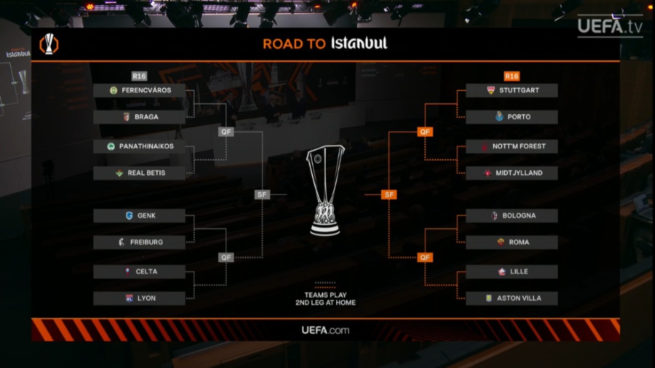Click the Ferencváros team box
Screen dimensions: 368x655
click(139, 90)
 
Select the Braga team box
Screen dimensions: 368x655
click(139, 117)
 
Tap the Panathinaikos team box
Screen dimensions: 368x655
click(139, 146)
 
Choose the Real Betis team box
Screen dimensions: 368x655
click(139, 173)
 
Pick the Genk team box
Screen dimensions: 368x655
click(139, 216)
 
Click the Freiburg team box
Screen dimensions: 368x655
click(139, 242)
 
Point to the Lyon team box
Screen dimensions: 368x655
click(139, 298)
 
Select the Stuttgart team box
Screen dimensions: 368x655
click(511, 90)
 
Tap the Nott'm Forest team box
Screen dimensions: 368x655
click(511, 146)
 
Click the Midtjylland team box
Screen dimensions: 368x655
click(511, 173)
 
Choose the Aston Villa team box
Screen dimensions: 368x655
click(511, 298)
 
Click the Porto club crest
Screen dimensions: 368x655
click(500, 117)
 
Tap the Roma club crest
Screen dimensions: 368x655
click(501, 242)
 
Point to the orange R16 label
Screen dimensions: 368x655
click(511, 76)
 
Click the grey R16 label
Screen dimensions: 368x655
click(139, 76)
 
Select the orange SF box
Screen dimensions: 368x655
click(389, 195)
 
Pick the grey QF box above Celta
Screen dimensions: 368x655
click(226, 257)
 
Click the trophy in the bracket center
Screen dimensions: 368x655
click(325, 190)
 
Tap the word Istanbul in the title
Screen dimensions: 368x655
click(359, 43)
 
